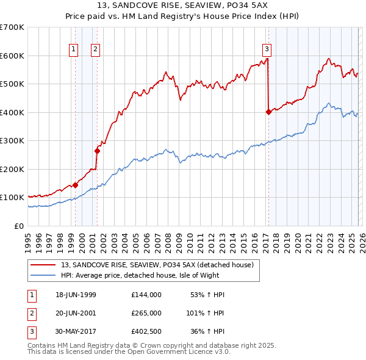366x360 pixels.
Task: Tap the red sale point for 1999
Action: click(x=75, y=185)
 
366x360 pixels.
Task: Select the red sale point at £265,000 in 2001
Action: click(x=97, y=151)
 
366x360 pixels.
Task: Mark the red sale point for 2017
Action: click(x=268, y=112)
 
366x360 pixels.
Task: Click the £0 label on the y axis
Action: click(x=18, y=226)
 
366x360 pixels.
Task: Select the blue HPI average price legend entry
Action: click(x=140, y=276)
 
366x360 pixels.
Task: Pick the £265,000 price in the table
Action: click(x=146, y=313)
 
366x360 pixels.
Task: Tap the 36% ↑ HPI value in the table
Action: click(x=208, y=331)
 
